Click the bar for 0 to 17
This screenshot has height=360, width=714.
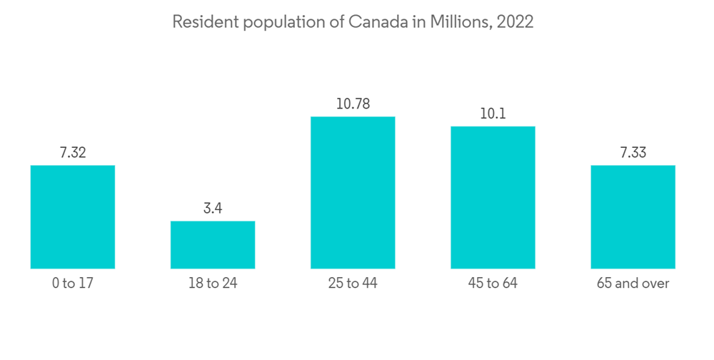(73, 217)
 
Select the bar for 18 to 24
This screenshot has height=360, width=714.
(213, 245)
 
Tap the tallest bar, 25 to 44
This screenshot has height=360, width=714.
(353, 193)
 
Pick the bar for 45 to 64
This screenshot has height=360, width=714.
(493, 198)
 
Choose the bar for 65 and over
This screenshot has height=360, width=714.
(633, 217)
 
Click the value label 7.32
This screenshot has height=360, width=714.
(73, 152)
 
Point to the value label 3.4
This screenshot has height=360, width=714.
(213, 208)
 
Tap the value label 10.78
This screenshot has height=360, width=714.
(353, 104)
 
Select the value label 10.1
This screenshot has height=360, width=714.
(493, 113)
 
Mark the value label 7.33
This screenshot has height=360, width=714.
(633, 152)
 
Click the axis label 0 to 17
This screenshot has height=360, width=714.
(73, 284)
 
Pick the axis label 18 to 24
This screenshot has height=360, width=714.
(213, 284)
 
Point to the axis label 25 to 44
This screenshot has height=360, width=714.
(353, 284)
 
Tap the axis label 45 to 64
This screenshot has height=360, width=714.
(493, 284)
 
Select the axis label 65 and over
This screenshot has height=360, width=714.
(633, 284)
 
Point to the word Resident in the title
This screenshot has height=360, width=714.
(205, 22)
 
